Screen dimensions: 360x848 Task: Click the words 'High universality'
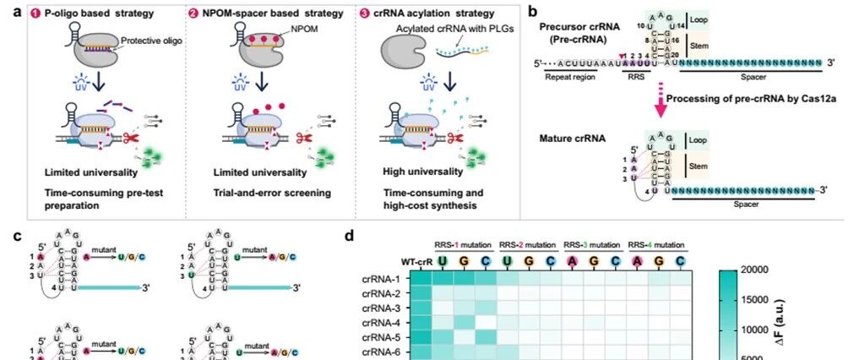[x=405, y=172]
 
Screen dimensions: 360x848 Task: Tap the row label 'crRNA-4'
[x=388, y=321]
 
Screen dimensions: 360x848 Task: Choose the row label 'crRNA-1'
[x=388, y=278]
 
